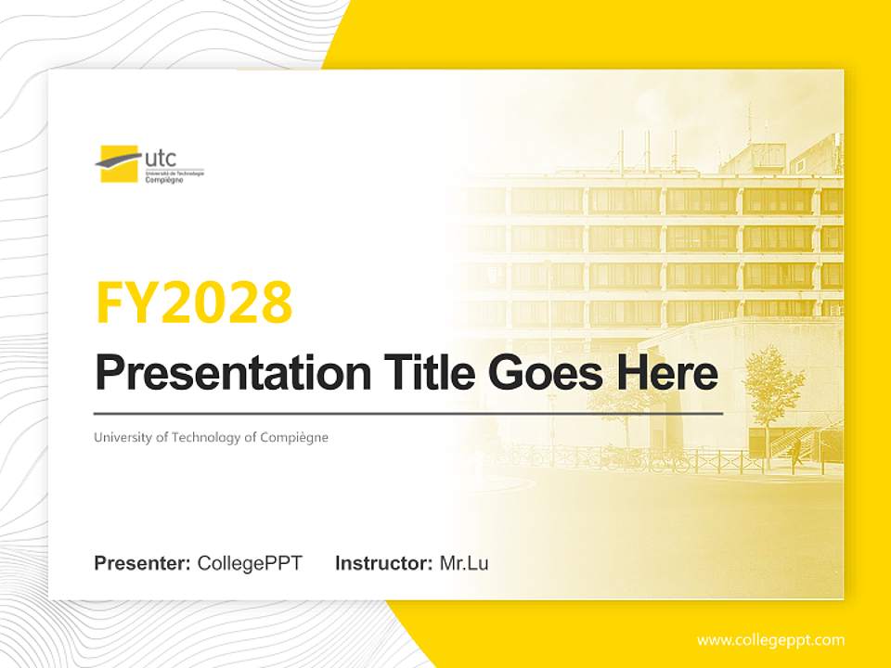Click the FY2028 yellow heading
[x=194, y=302]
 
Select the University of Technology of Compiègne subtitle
[x=211, y=437]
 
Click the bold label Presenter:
[x=142, y=563]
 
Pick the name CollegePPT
[x=250, y=563]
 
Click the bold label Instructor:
[x=383, y=563]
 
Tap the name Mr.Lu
[x=464, y=563]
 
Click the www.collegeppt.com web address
[x=770, y=639]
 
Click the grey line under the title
[x=408, y=413]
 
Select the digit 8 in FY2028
[x=276, y=302]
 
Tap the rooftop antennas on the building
[x=640, y=148]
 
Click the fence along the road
[x=650, y=458]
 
